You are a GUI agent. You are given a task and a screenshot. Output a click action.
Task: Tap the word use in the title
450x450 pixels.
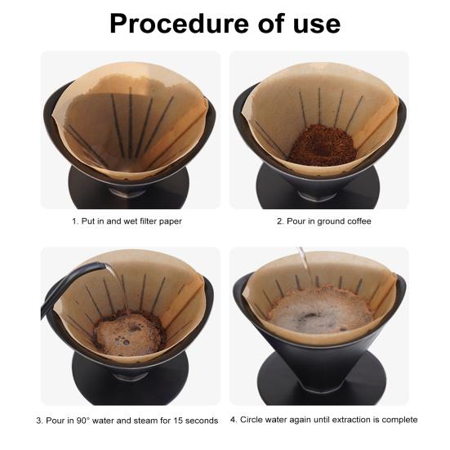pyautogui.click(x=312, y=24)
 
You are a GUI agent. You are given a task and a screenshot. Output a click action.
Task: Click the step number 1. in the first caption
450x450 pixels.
pyautogui.click(x=75, y=221)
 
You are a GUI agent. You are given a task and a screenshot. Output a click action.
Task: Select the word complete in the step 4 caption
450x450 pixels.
pyautogui.click(x=399, y=420)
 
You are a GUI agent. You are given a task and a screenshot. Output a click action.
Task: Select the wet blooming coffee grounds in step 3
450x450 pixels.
pyautogui.click(x=129, y=331)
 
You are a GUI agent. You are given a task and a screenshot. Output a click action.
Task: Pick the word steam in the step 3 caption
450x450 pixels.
pyautogui.click(x=140, y=421)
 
